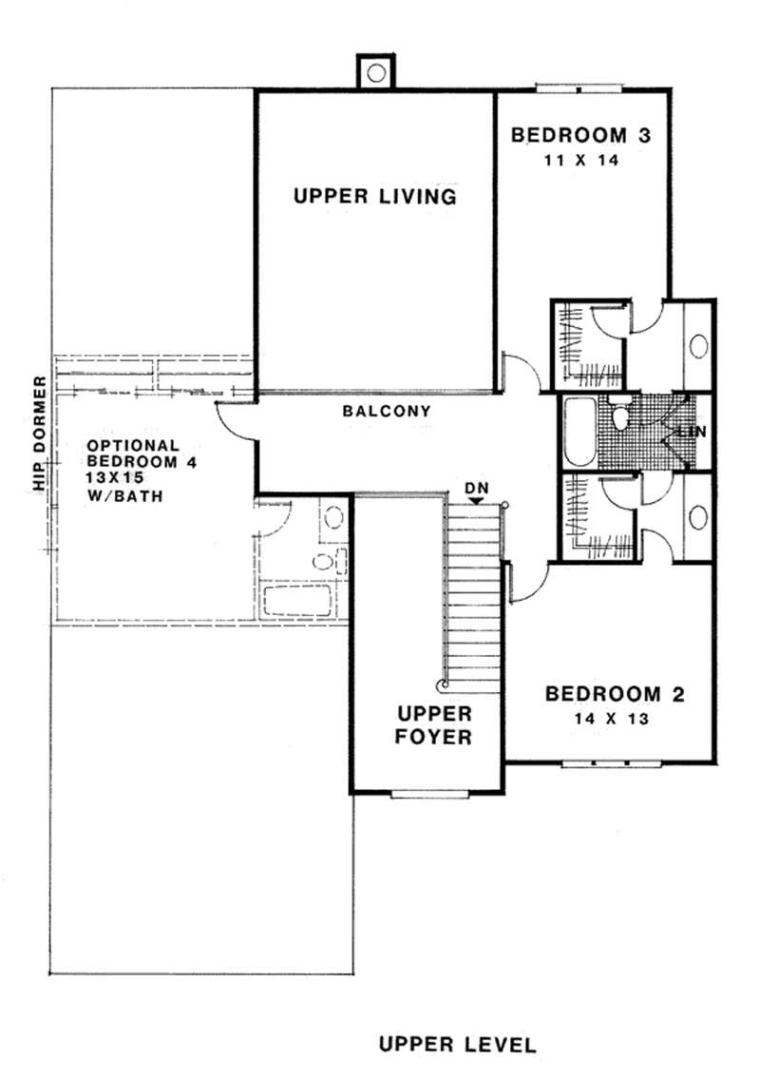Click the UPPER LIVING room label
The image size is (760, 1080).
point(375,197)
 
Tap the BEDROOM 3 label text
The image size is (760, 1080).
point(581,135)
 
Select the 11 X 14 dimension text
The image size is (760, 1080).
point(580,161)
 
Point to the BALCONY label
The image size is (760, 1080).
point(387,412)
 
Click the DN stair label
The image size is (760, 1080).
point(476,488)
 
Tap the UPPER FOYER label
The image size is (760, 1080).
point(434,724)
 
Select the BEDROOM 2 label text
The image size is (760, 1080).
point(615,694)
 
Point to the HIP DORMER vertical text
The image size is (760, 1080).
point(39,434)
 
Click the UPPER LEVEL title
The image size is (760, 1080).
point(457,1045)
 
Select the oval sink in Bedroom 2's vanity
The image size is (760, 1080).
point(700,518)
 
